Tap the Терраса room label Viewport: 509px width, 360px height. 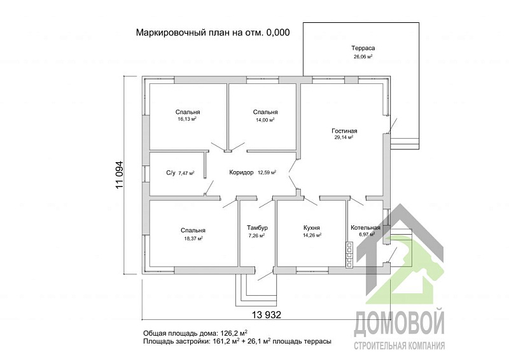tap(362, 48)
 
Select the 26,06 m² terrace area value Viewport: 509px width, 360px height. tap(362, 56)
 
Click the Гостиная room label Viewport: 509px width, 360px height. tap(344, 130)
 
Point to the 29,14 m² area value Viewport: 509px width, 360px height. tap(344, 137)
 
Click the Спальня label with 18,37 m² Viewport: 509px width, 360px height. tap(192, 230)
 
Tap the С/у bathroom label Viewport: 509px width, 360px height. tap(171, 172)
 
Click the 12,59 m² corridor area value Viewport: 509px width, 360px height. tap(267, 172)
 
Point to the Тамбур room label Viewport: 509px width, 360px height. tap(257, 228)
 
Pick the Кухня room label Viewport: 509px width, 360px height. tap(311, 228)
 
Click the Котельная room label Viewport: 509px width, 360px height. tap(365, 228)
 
